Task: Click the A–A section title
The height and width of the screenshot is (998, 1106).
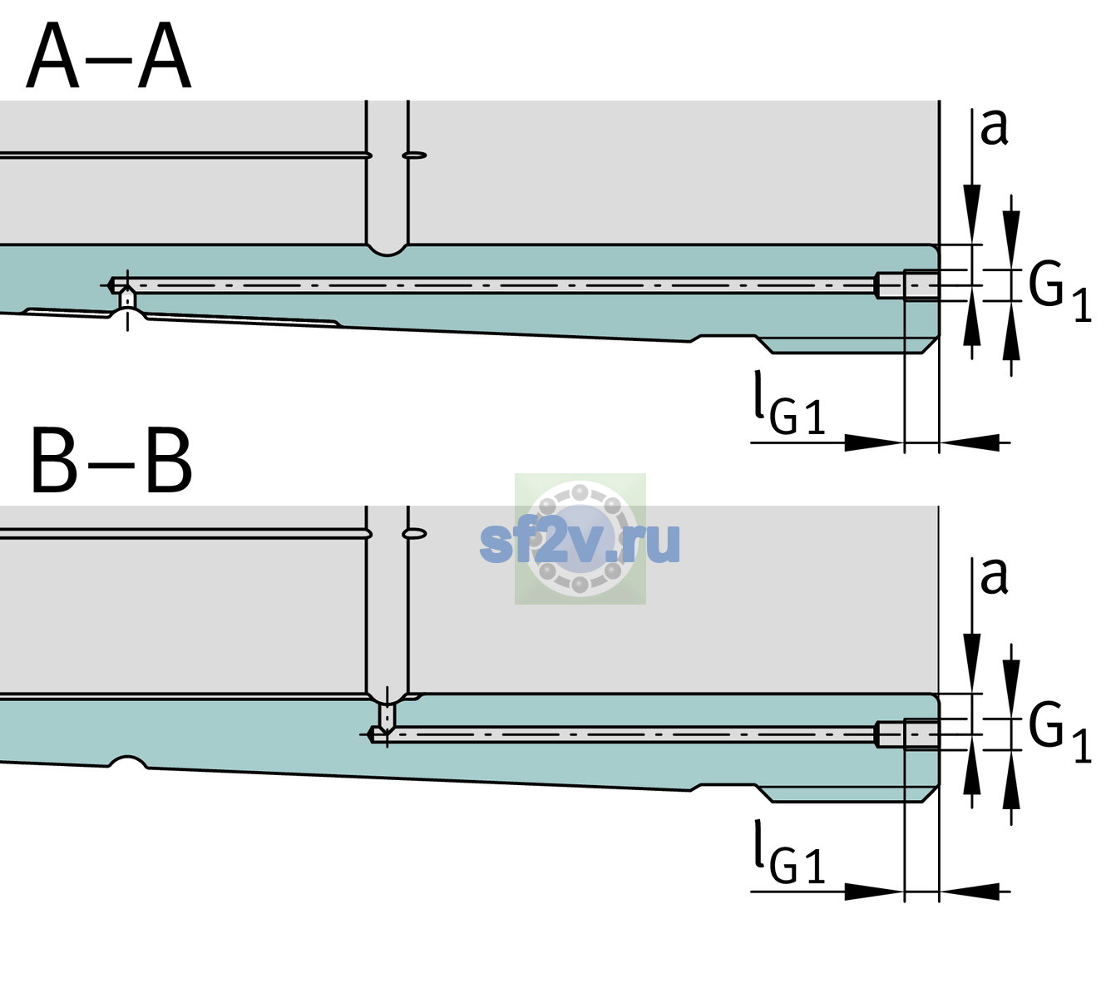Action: click(x=109, y=56)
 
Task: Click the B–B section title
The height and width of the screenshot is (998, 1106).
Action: click(x=112, y=461)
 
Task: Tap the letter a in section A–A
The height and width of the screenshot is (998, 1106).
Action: click(x=994, y=128)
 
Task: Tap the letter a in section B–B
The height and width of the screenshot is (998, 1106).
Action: click(x=994, y=576)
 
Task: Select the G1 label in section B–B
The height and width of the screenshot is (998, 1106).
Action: click(x=1059, y=733)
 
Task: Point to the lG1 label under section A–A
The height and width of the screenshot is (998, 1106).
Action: click(x=789, y=403)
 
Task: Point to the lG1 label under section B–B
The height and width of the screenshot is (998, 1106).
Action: click(x=789, y=852)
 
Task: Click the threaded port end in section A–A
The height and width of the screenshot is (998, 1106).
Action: click(x=907, y=285)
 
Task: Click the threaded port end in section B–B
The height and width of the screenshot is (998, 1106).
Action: click(x=907, y=734)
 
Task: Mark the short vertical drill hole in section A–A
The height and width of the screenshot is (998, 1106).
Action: click(x=127, y=299)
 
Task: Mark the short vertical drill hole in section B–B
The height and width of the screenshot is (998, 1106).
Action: click(x=388, y=716)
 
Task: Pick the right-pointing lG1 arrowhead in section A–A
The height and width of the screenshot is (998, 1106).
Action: click(x=875, y=442)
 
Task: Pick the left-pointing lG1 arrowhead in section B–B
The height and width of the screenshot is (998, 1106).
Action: click(x=970, y=891)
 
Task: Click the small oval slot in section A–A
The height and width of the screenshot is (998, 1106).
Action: click(x=415, y=156)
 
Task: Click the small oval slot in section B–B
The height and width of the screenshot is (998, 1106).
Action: click(x=415, y=534)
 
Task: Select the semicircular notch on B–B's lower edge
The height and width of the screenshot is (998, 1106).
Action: click(x=127, y=762)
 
